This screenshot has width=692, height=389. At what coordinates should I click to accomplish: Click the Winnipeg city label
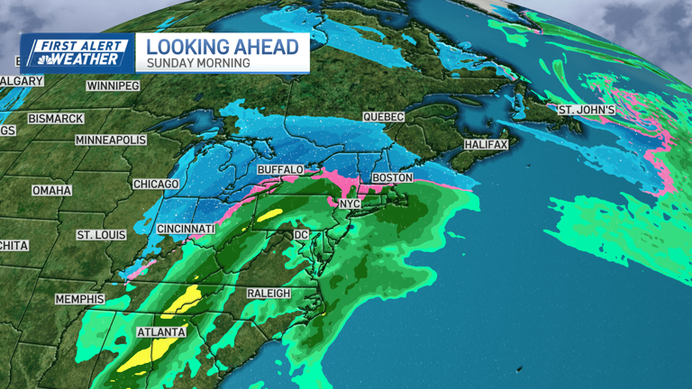[113, 86]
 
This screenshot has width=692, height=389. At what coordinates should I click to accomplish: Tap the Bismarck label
[56, 119]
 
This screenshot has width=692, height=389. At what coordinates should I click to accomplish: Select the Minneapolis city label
[110, 141]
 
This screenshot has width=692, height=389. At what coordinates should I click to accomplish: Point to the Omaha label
[51, 191]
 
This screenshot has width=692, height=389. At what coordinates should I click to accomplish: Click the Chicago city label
[157, 185]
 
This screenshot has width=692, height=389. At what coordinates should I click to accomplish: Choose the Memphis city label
[80, 299]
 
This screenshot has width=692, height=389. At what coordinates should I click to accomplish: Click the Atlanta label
[161, 332]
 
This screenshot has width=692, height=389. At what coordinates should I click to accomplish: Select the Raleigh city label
[269, 294]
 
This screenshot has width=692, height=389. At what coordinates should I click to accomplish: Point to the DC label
[302, 235]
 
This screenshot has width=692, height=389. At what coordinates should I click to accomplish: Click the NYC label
[349, 204]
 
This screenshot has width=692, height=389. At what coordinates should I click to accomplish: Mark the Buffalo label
[279, 169]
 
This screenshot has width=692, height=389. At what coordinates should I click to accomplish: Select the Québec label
[383, 117]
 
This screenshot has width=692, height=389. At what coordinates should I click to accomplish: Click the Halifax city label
[487, 145]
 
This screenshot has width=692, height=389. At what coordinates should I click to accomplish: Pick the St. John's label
[587, 110]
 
